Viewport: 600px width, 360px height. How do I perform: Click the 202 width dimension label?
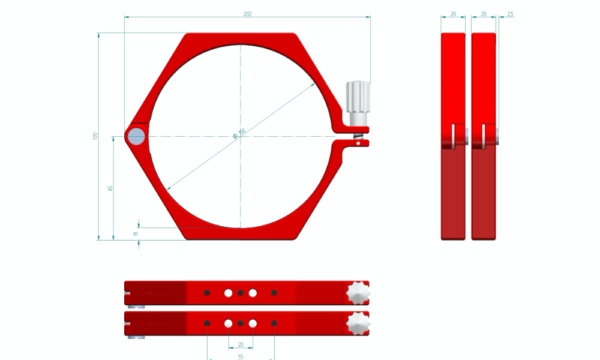click(x=247, y=13)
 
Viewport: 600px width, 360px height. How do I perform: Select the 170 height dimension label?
click(x=95, y=136)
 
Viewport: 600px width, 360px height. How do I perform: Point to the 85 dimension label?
click(x=110, y=188)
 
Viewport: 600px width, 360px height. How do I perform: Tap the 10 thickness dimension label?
click(x=136, y=233)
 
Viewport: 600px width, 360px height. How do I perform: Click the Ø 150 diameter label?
click(x=240, y=135)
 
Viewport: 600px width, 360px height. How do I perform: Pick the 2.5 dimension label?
click(x=510, y=13)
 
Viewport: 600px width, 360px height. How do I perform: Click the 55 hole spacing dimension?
click(x=241, y=356)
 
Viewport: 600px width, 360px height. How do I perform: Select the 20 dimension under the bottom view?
click(x=241, y=344)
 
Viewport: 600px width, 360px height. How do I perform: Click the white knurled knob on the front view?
click(x=358, y=96)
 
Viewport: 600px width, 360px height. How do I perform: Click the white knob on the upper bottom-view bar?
click(x=358, y=292)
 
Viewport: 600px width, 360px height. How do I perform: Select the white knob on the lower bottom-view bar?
click(x=358, y=323)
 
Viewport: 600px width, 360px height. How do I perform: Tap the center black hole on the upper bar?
click(x=241, y=293)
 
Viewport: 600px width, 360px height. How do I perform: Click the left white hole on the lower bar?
click(x=229, y=323)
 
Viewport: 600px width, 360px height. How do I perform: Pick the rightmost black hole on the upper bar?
click(x=274, y=293)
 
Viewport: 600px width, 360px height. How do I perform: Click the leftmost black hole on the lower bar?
click(x=207, y=323)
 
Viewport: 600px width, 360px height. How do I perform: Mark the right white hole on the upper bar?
click(x=253, y=293)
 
